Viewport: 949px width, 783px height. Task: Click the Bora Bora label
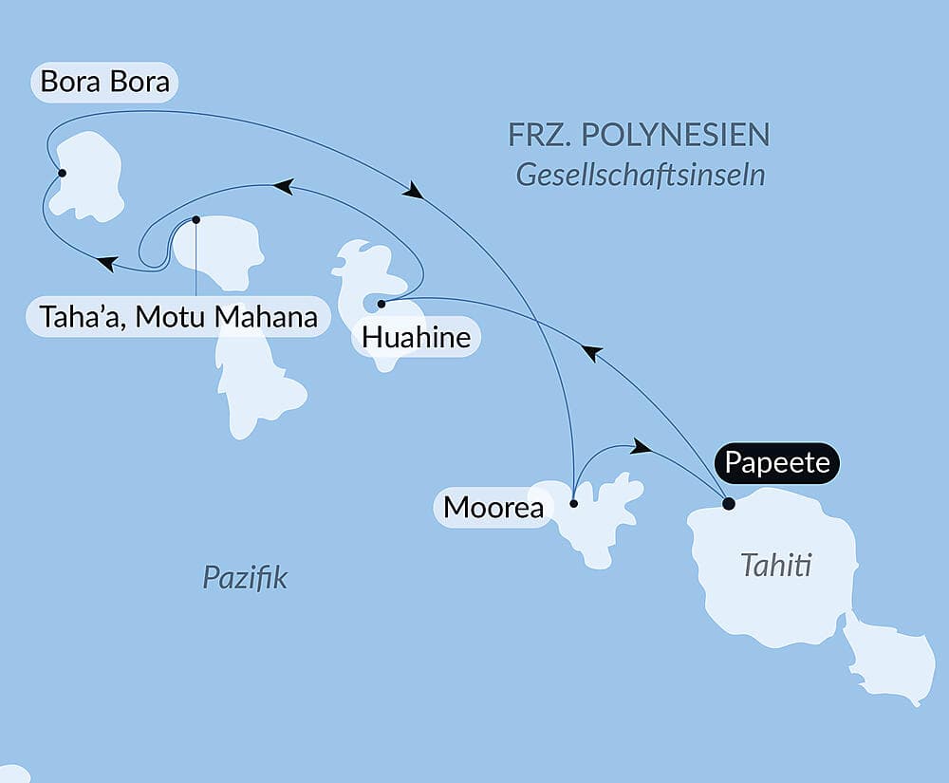[105, 82]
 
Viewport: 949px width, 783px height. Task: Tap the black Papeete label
[777, 464]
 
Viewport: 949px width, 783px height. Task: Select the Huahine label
[416, 337]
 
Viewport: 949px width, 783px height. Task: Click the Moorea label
[493, 507]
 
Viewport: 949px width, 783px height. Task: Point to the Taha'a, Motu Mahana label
[178, 316]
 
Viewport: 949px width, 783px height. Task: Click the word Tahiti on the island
[776, 567]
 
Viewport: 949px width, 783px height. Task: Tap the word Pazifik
[245, 577]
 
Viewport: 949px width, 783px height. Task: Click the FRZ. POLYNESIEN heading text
[639, 136]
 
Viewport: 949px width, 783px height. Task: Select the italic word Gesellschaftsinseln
[641, 176]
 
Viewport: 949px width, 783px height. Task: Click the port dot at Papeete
[728, 504]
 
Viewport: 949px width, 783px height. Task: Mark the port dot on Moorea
[573, 504]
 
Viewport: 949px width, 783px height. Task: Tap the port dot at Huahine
[381, 304]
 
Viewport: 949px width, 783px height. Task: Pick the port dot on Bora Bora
[62, 173]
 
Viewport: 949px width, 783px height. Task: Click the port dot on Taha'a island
[195, 219]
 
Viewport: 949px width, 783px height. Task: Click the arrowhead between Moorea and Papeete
[642, 446]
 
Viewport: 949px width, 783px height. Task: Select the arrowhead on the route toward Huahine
[591, 353]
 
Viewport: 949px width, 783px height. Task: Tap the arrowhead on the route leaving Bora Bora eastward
[413, 191]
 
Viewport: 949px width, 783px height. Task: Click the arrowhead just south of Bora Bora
[107, 263]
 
